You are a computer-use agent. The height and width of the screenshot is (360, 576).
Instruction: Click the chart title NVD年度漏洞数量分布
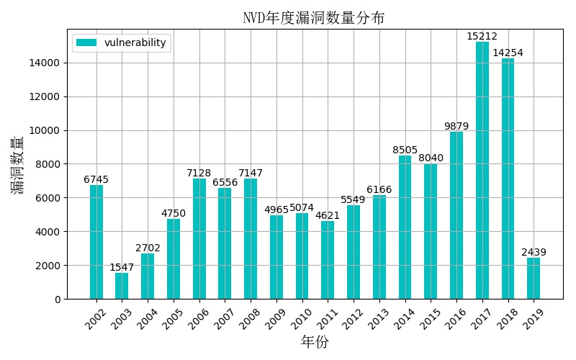tap(314, 18)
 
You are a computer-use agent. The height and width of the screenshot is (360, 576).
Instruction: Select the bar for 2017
tap(482, 171)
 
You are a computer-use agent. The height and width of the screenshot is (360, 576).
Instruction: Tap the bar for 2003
tap(122, 286)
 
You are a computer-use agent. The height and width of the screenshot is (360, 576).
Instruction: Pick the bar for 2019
tap(534, 279)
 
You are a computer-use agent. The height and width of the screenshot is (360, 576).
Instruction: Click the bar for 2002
tap(96, 242)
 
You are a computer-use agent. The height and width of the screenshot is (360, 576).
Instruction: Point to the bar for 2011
tap(328, 260)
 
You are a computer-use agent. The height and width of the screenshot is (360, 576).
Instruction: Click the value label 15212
tap(482, 37)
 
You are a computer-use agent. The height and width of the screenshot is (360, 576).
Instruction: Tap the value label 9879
tap(456, 127)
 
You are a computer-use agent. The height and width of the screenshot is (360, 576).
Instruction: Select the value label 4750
tap(174, 213)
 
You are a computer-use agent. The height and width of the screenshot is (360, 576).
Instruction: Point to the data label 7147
tap(251, 173)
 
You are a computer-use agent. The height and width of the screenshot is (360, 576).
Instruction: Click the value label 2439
tap(534, 253)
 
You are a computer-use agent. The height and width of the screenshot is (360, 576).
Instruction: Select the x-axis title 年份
tap(314, 343)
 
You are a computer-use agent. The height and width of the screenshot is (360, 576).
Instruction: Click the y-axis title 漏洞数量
tap(18, 165)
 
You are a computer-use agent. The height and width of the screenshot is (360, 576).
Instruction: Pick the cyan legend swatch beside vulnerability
tap(86, 42)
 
